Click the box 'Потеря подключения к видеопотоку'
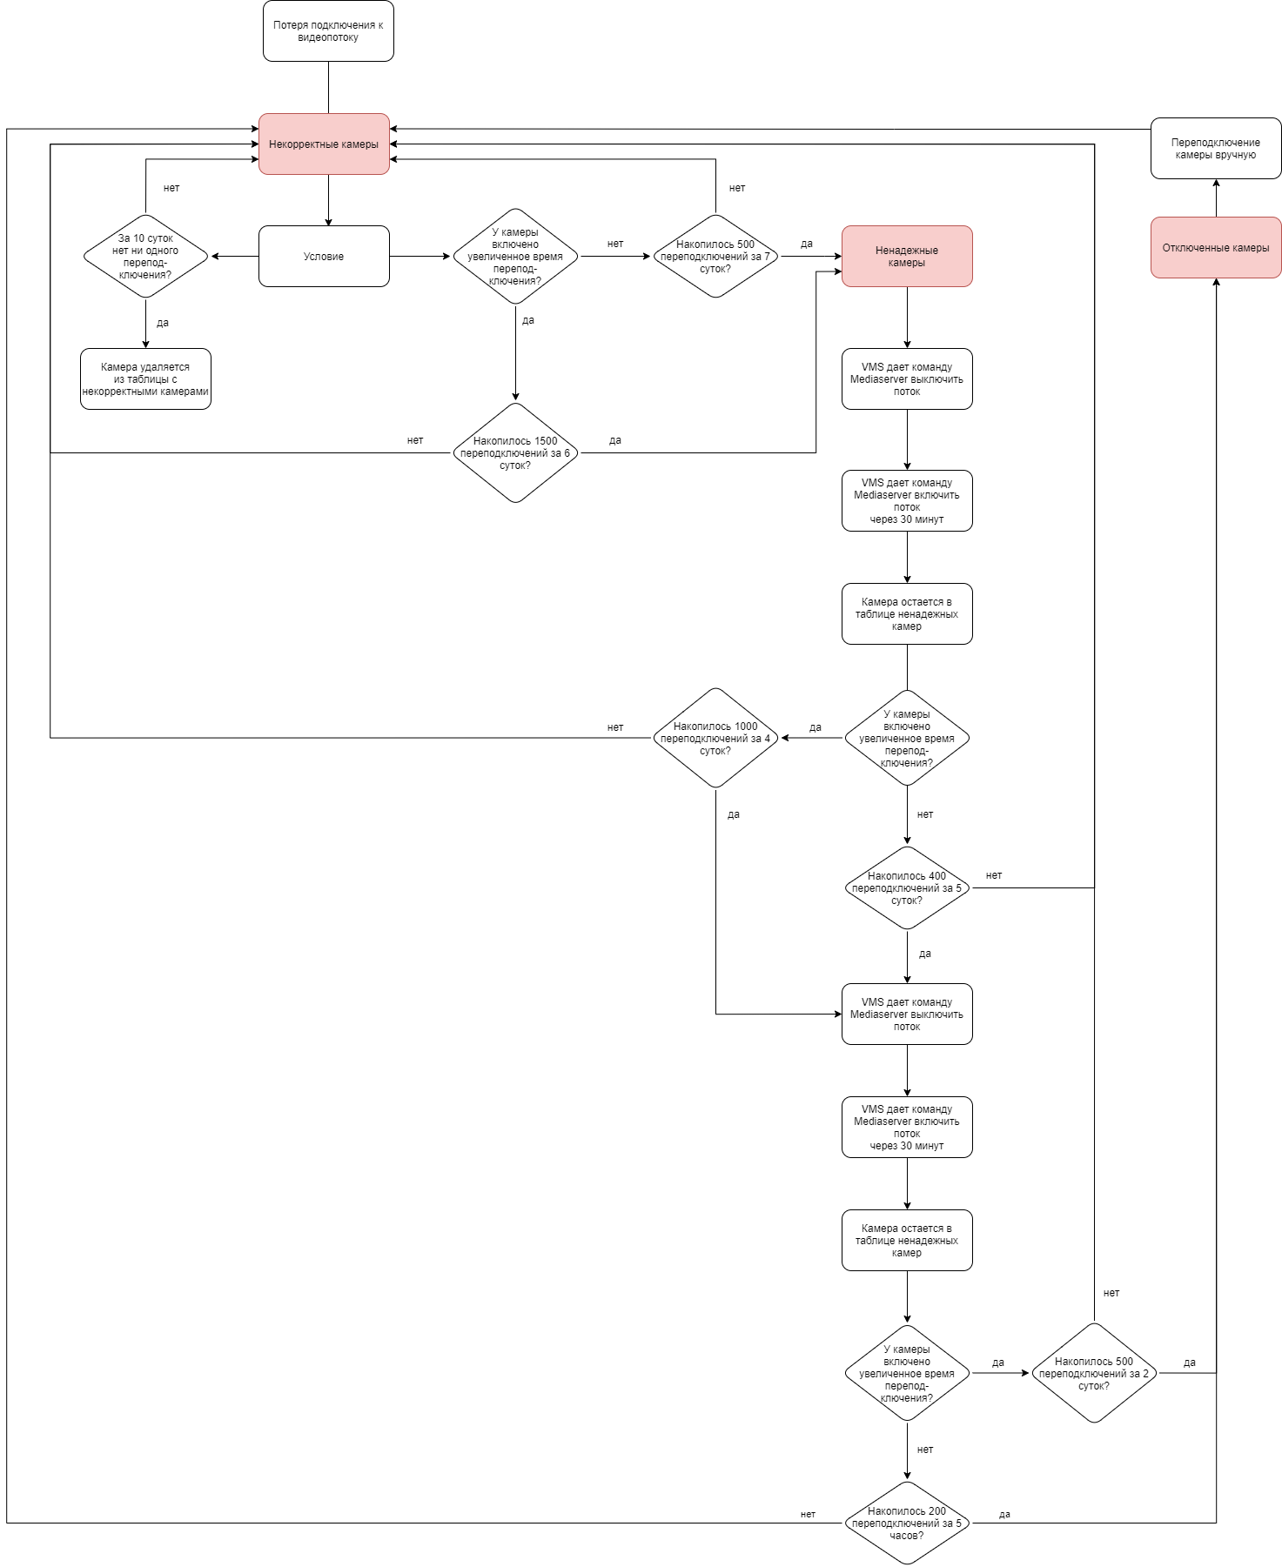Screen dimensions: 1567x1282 click(x=328, y=31)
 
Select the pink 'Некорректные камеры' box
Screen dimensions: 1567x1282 click(x=324, y=144)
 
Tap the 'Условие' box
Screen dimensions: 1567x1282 click(x=324, y=257)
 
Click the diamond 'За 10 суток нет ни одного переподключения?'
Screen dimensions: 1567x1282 click(x=145, y=257)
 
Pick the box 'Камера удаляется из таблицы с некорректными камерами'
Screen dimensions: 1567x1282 click(x=145, y=379)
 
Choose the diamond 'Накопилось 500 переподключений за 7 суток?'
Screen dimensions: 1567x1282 click(x=715, y=257)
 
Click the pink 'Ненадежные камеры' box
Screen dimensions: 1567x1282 click(x=907, y=257)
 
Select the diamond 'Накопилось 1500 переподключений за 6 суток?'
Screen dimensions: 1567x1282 click(x=515, y=453)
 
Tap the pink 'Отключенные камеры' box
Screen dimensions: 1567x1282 click(x=1216, y=248)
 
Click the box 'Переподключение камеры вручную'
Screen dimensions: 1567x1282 click(x=1216, y=149)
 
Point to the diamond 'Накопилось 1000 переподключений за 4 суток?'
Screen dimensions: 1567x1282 click(x=715, y=739)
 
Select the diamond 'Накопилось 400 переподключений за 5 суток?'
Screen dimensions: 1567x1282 click(x=907, y=888)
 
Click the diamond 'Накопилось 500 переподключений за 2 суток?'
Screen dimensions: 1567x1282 click(x=1094, y=1374)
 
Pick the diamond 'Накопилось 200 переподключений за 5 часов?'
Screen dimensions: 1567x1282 click(x=907, y=1523)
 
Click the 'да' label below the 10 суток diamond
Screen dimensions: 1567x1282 click(x=163, y=323)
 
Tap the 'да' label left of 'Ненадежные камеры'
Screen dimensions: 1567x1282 click(x=807, y=244)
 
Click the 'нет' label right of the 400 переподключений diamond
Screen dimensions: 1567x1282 click(x=994, y=875)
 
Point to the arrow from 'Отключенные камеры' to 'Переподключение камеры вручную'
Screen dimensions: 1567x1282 click(x=1216, y=198)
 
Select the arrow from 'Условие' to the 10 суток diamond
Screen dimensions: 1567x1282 click(x=234, y=257)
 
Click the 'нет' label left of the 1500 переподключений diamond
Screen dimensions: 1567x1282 click(x=415, y=440)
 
